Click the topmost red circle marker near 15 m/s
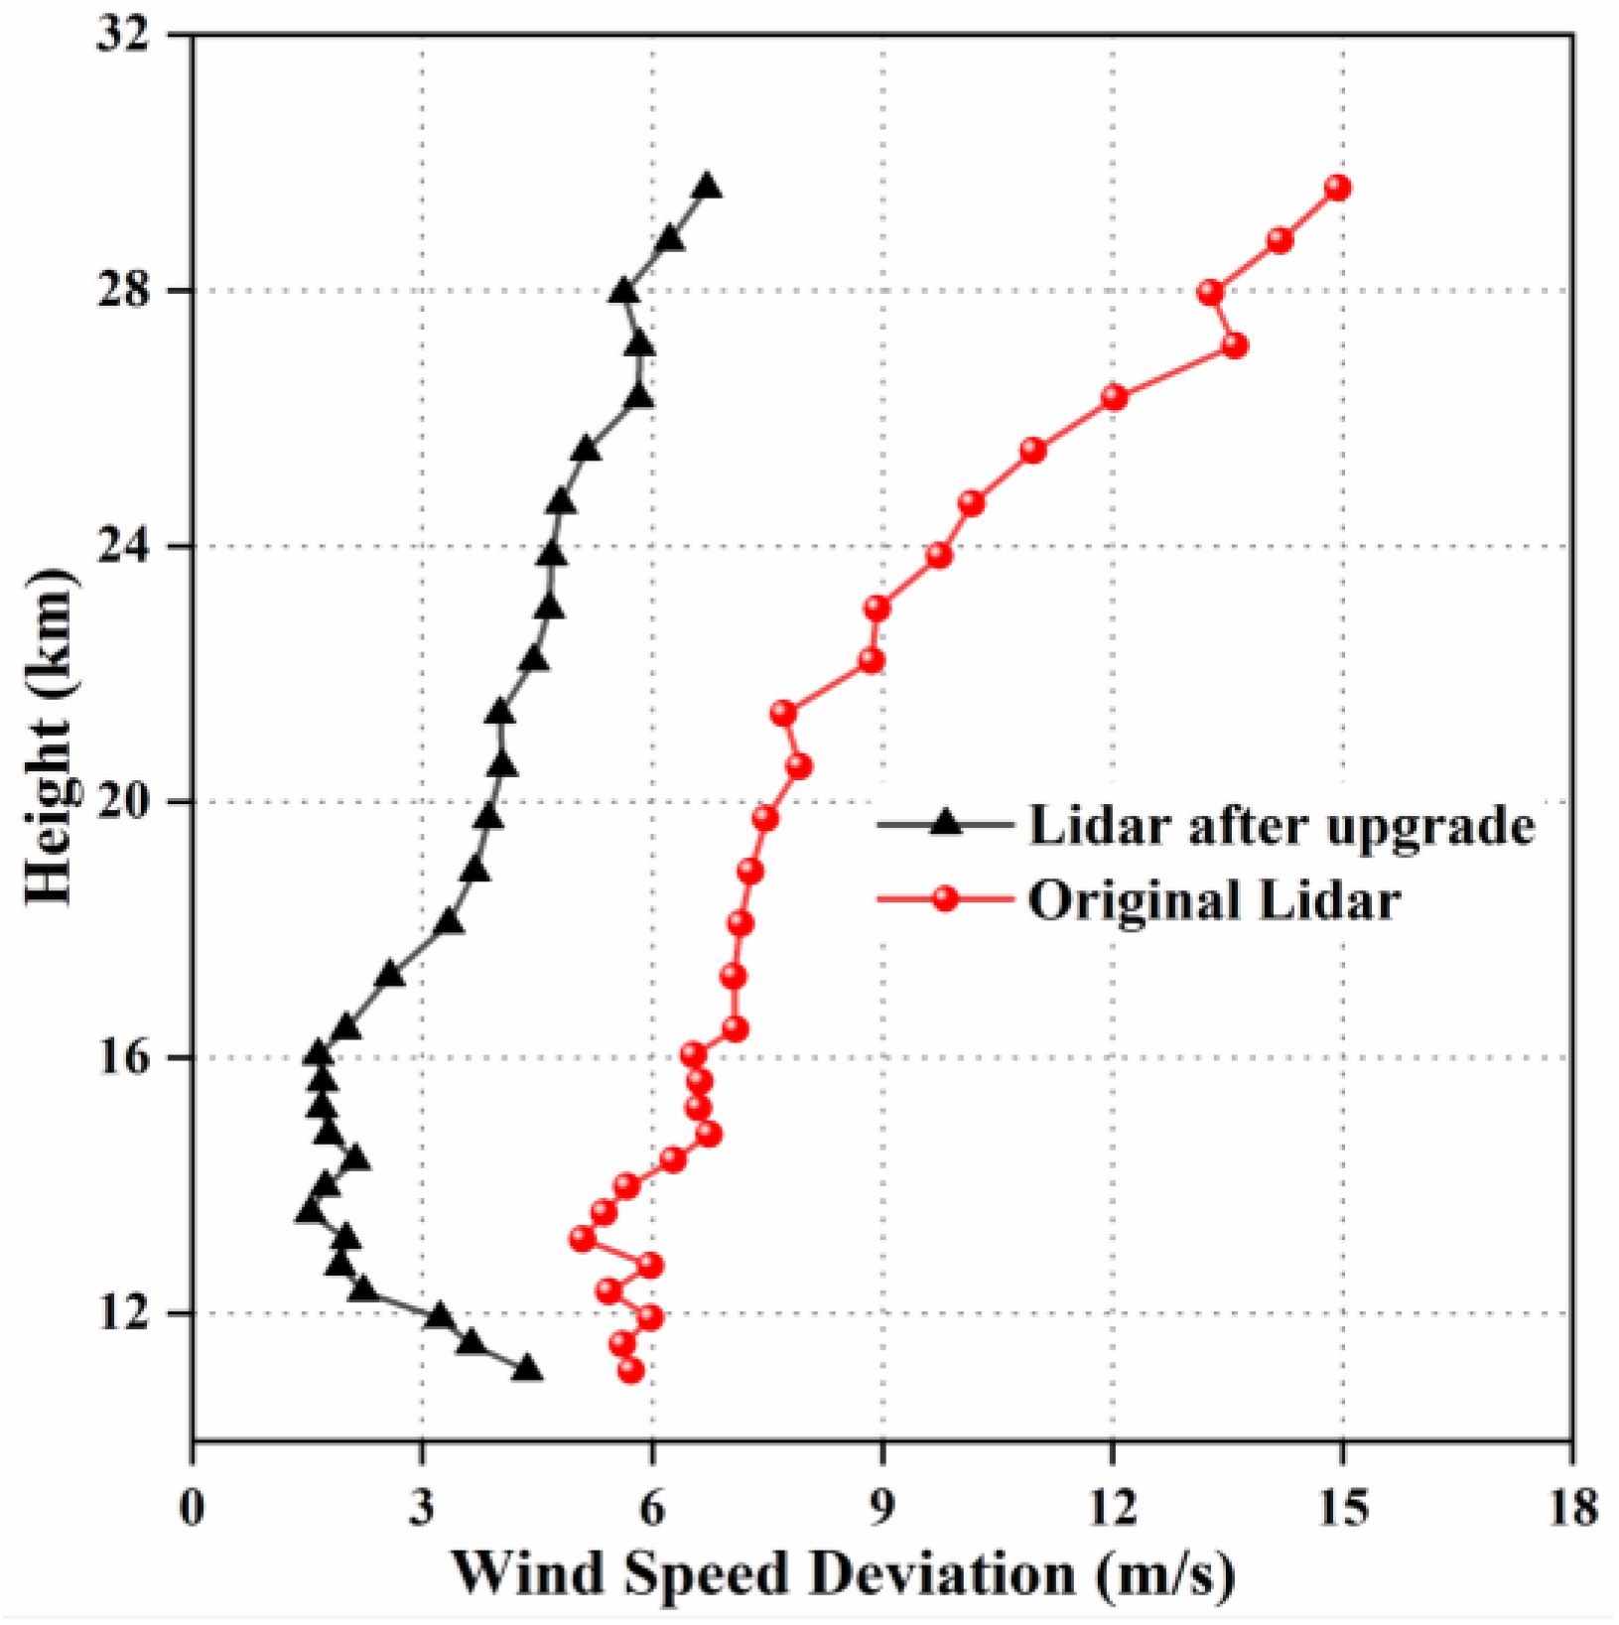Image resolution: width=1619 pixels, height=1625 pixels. (1338, 188)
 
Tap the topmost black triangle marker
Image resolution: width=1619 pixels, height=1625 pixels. (708, 188)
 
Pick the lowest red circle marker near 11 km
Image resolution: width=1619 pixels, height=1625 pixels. (630, 1371)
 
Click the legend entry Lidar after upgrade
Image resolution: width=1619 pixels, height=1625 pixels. (1281, 825)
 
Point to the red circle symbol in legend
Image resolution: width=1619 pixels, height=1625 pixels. (946, 899)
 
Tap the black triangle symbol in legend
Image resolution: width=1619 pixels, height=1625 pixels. (946, 823)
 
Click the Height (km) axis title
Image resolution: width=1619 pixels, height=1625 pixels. (48, 737)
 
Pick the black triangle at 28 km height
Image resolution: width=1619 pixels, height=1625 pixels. (623, 292)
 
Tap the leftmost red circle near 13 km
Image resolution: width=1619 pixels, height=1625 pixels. (583, 1239)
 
